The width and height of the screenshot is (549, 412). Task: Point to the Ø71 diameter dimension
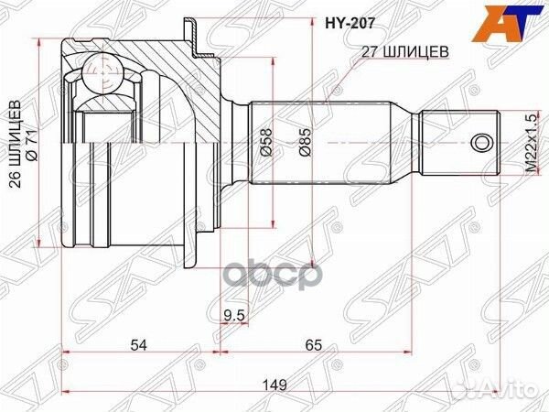click(33, 146)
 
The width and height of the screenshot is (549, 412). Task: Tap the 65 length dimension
click(314, 345)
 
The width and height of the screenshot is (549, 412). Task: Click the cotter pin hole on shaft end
click(481, 144)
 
